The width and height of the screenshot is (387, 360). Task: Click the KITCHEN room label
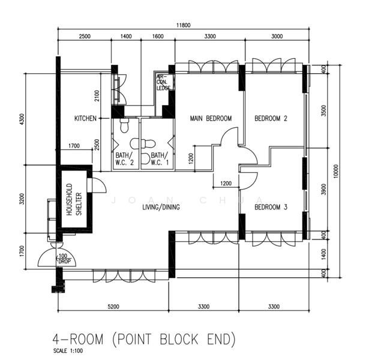point(85,119)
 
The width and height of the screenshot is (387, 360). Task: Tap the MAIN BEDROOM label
point(211,119)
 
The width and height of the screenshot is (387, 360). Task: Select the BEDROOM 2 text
point(271,119)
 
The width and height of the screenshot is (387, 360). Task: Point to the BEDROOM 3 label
point(271,208)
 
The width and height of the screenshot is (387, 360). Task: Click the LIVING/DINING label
point(161,208)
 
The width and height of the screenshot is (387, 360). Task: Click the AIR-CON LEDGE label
point(164,83)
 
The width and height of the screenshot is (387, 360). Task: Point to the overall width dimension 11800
point(183,25)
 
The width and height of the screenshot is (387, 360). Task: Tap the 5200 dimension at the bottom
point(113,307)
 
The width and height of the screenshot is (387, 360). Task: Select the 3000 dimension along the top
point(277,37)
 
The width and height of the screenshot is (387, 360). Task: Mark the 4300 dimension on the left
point(22,119)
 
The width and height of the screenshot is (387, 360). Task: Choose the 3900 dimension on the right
point(323,190)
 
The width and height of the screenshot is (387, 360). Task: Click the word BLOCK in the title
point(175,339)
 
